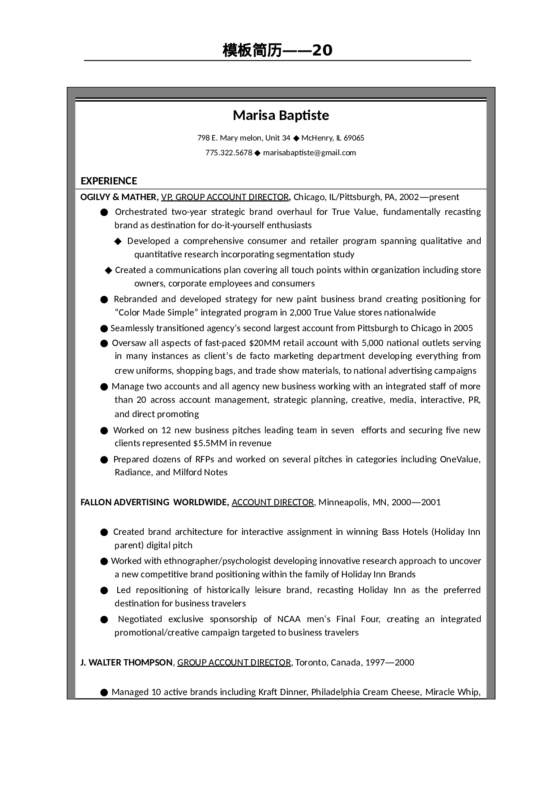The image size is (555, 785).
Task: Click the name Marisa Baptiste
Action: pyautogui.click(x=281, y=115)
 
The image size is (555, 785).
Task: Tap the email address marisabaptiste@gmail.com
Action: pyautogui.click(x=309, y=153)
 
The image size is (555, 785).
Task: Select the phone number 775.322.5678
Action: pyautogui.click(x=229, y=153)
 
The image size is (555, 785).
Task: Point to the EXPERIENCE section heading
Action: pyautogui.click(x=109, y=181)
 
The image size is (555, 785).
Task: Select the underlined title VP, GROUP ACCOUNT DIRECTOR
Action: pyautogui.click(x=225, y=197)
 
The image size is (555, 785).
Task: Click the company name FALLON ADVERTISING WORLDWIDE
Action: pyautogui.click(x=154, y=502)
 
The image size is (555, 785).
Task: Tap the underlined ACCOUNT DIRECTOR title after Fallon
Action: pyautogui.click(x=273, y=502)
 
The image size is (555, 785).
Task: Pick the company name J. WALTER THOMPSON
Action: pyautogui.click(x=126, y=662)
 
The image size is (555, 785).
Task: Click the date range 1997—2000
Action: pyautogui.click(x=389, y=662)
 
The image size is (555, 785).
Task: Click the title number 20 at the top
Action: pyautogui.click(x=322, y=50)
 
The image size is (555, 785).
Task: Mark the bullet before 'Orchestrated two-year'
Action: pyautogui.click(x=104, y=212)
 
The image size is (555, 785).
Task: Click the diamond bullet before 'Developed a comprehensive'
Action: pyautogui.click(x=118, y=241)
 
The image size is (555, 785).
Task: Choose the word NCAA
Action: pyautogui.click(x=289, y=619)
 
